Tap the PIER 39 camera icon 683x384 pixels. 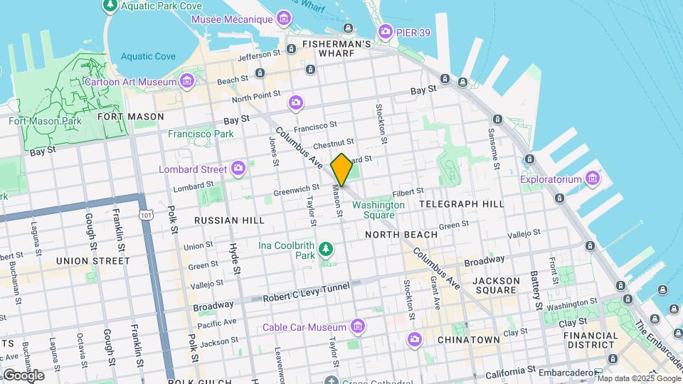pos(385,31)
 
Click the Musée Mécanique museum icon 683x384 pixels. pos(284,18)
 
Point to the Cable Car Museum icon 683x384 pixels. pos(357,327)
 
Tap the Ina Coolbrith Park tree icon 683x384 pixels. pos(326,248)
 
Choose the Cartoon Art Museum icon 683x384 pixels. pos(186,82)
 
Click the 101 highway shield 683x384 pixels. pos(146,214)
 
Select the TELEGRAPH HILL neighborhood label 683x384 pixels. pos(462,204)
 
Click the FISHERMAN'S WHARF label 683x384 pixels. pos(337,44)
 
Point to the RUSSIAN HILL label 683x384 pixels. pos(229,220)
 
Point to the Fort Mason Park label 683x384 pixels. pos(45,121)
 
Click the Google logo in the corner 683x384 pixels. pos(23,375)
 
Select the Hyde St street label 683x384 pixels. pos(234,257)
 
